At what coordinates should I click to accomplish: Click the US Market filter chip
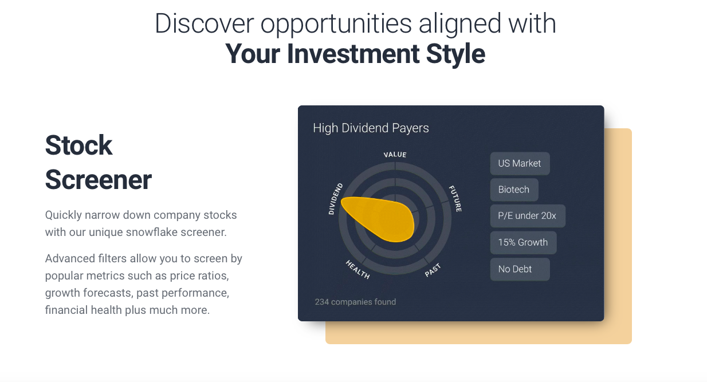click(520, 163)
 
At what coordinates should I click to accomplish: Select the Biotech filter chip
click(514, 190)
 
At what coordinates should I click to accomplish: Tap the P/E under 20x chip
click(527, 216)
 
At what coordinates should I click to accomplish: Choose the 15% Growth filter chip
click(523, 242)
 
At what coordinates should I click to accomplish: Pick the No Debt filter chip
click(515, 269)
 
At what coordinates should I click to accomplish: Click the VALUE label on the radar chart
click(395, 155)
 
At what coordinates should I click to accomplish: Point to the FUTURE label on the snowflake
click(455, 199)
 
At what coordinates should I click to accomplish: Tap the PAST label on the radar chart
click(433, 270)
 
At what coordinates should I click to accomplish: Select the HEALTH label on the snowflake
click(358, 269)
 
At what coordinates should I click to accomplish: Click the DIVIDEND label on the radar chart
click(335, 199)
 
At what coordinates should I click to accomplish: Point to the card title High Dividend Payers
click(371, 128)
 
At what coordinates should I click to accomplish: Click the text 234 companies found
click(355, 302)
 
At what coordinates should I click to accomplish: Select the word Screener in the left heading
click(99, 180)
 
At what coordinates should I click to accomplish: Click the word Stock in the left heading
click(78, 145)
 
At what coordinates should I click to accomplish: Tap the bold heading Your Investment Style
click(355, 53)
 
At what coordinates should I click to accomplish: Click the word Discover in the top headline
click(205, 23)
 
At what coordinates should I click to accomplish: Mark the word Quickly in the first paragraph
click(63, 215)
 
